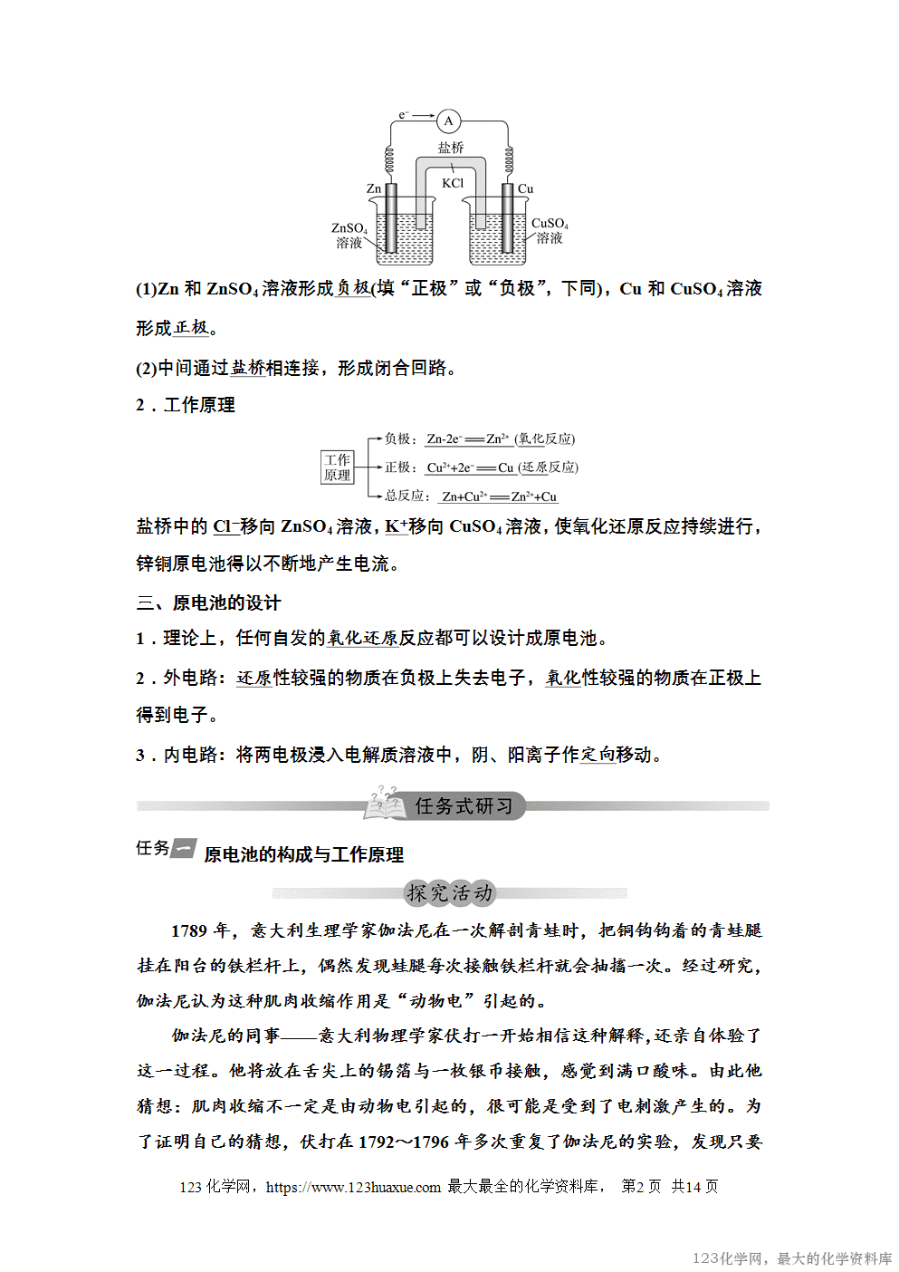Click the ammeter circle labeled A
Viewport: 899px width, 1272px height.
coord(448,120)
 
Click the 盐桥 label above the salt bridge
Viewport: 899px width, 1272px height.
coord(451,147)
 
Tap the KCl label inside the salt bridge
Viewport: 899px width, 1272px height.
coord(453,183)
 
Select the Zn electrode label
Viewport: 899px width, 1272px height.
coord(374,189)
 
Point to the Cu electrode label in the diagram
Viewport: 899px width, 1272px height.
coord(525,189)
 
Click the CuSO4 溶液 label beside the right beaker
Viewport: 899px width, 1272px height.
coord(550,230)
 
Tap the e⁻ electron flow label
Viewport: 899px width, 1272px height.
coord(404,115)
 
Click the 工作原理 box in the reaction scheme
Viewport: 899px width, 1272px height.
coord(338,467)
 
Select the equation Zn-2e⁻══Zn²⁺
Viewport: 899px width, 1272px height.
coord(468,439)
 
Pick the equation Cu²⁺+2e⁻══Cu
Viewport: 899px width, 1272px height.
coord(470,467)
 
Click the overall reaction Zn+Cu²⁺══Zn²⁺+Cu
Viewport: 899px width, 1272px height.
coord(499,496)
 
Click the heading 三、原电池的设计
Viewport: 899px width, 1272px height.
coord(209,603)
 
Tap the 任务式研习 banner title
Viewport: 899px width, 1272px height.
coord(463,805)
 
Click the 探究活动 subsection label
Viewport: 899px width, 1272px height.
coord(450,893)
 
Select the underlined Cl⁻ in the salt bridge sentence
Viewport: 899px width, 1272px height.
coord(225,526)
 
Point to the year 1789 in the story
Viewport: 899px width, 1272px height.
coord(189,930)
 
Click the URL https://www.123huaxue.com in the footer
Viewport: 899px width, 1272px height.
coord(353,1187)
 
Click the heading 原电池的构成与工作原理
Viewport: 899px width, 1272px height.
coord(304,854)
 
